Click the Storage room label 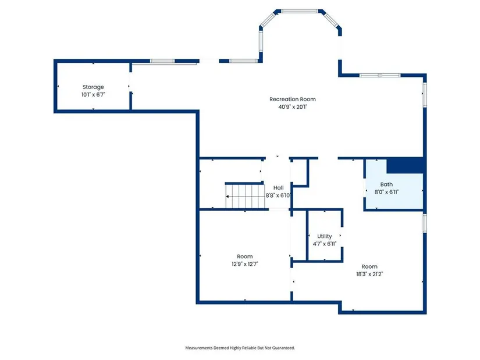[x=93, y=87]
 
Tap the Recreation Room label [x=292, y=99]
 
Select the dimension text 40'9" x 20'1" [x=292, y=107]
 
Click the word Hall [x=278, y=188]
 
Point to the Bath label [x=386, y=184]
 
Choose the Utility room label [x=325, y=236]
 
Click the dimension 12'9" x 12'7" [x=244, y=264]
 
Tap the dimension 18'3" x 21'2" [x=369, y=274]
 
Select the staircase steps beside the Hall [x=245, y=197]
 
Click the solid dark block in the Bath [x=405, y=166]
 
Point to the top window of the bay [x=300, y=11]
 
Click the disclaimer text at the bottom [x=240, y=348]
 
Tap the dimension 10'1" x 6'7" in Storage [x=93, y=95]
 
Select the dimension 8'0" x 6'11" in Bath [x=386, y=192]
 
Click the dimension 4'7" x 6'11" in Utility [x=325, y=244]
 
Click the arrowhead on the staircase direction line [x=227, y=196]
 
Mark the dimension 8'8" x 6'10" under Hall [x=278, y=195]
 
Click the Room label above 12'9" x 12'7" [x=244, y=256]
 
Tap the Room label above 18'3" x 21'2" [x=369, y=266]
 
